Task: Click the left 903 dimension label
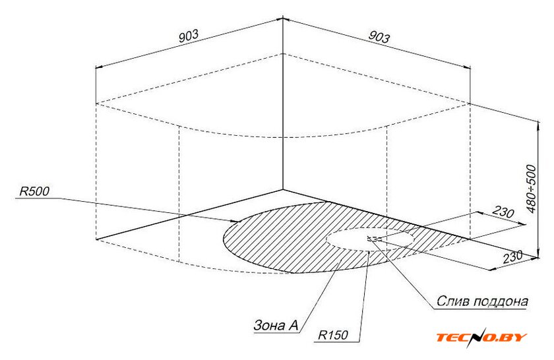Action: pyautogui.click(x=189, y=36)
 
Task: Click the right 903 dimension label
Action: pyautogui.click(x=379, y=37)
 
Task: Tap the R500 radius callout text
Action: pyautogui.click(x=34, y=191)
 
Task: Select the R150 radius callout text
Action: pyautogui.click(x=333, y=334)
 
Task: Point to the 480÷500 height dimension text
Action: pyautogui.click(x=531, y=189)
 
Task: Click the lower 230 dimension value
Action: pyautogui.click(x=512, y=257)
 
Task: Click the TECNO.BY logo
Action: pyautogui.click(x=481, y=338)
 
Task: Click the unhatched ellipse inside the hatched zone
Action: pyautogui.click(x=370, y=228)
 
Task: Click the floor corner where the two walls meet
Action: pyautogui.click(x=283, y=190)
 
